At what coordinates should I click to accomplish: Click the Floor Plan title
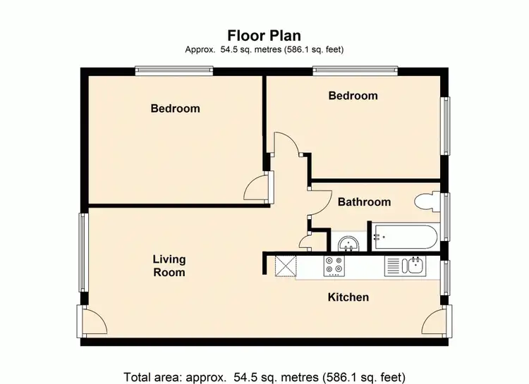(264, 35)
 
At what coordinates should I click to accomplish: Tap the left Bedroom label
(175, 109)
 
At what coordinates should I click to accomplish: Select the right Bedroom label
(353, 96)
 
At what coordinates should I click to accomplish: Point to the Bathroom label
(364, 202)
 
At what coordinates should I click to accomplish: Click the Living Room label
(169, 266)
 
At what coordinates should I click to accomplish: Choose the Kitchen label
(348, 297)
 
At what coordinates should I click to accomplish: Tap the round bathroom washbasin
(347, 244)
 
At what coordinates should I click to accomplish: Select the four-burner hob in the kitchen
(334, 266)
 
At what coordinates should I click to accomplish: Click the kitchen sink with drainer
(404, 266)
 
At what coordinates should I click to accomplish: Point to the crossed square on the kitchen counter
(286, 266)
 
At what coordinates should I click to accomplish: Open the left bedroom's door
(257, 187)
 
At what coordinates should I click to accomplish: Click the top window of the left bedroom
(174, 70)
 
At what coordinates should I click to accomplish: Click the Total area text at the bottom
(264, 376)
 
